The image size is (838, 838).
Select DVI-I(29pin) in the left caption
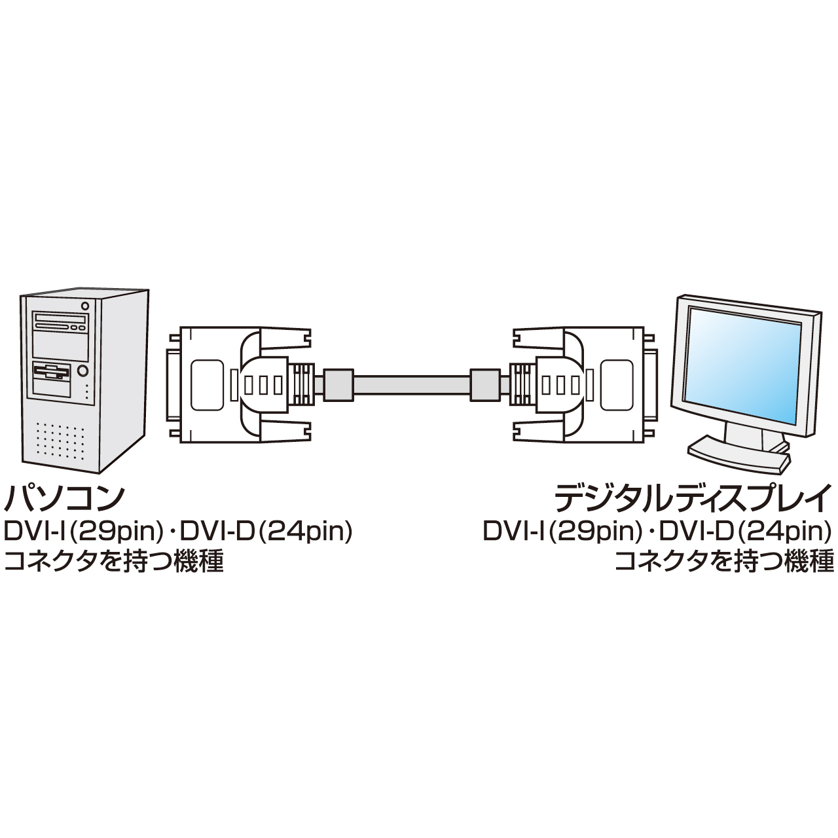[x=83, y=531]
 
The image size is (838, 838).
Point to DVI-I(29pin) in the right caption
[x=562, y=531]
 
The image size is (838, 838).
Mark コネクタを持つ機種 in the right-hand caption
[x=724, y=561]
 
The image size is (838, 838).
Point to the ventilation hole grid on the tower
[x=60, y=442]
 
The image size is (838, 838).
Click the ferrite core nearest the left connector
[x=339, y=384]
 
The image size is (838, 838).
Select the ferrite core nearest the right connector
[x=485, y=384]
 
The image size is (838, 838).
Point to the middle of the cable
[x=412, y=384]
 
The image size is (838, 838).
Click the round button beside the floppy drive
[x=83, y=371]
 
